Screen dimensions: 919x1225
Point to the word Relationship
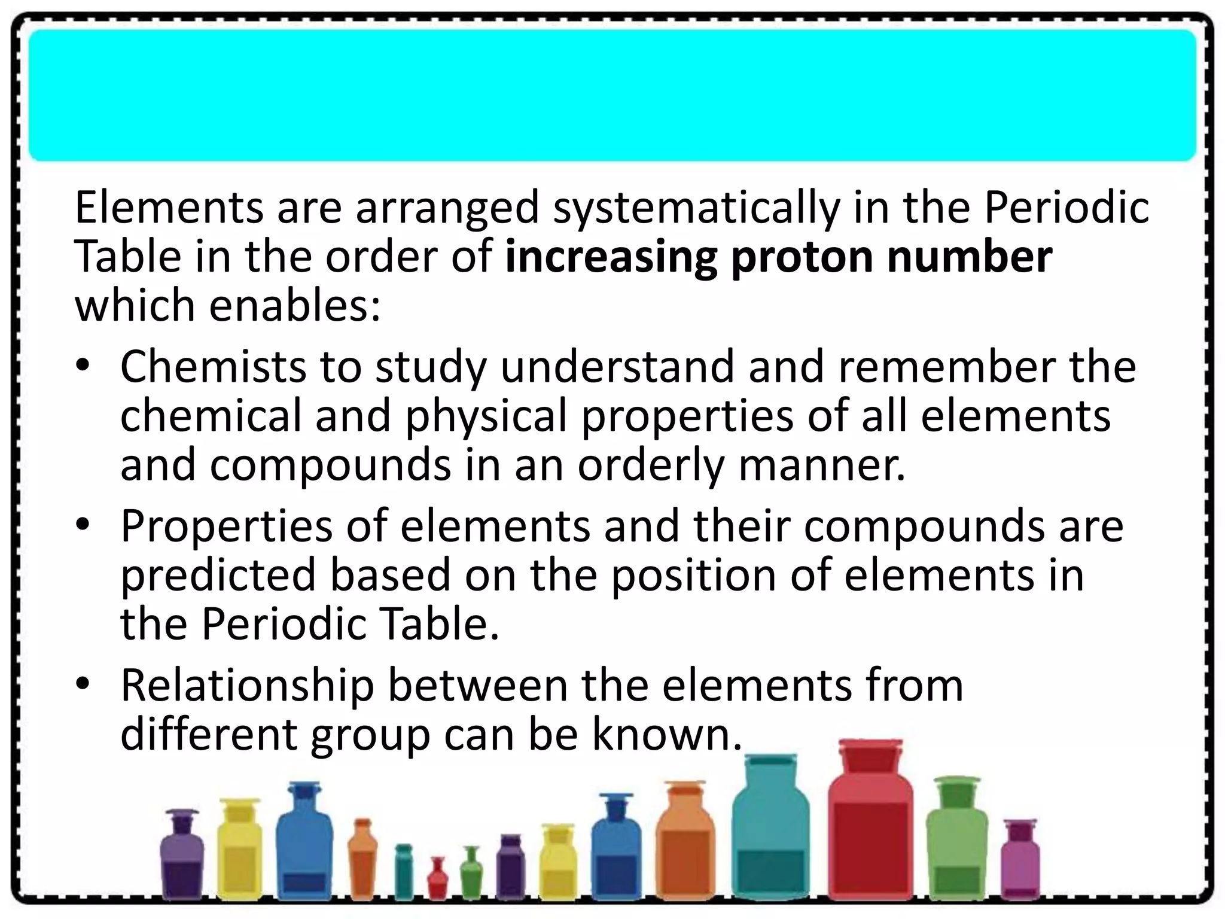(247, 686)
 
